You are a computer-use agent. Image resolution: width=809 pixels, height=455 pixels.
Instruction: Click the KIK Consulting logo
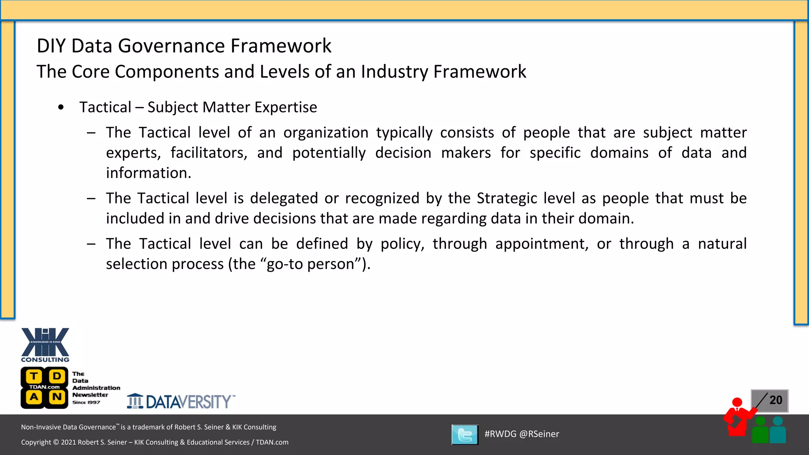pyautogui.click(x=45, y=344)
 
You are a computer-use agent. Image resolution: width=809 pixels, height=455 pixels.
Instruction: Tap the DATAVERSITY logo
pyautogui.click(x=181, y=402)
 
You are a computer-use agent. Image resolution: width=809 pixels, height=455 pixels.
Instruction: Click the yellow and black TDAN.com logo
pyautogui.click(x=44, y=387)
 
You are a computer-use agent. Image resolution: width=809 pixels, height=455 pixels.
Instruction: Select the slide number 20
pyautogui.click(x=776, y=400)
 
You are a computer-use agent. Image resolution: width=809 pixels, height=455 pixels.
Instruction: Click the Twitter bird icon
pyautogui.click(x=465, y=434)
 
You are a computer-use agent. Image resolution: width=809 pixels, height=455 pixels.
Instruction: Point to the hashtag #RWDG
pyautogui.click(x=500, y=434)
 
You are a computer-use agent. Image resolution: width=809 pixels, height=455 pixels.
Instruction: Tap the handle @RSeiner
pyautogui.click(x=539, y=434)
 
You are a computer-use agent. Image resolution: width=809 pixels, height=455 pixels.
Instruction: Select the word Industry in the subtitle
pyautogui.click(x=394, y=72)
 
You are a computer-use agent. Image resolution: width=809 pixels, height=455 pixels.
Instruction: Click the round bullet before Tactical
pyautogui.click(x=61, y=107)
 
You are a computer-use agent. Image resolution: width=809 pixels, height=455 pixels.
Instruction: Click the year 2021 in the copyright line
pyautogui.click(x=68, y=442)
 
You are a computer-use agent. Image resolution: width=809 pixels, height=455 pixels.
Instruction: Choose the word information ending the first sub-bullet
pyautogui.click(x=148, y=173)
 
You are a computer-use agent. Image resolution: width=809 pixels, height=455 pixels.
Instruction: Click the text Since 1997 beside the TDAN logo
pyautogui.click(x=86, y=402)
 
